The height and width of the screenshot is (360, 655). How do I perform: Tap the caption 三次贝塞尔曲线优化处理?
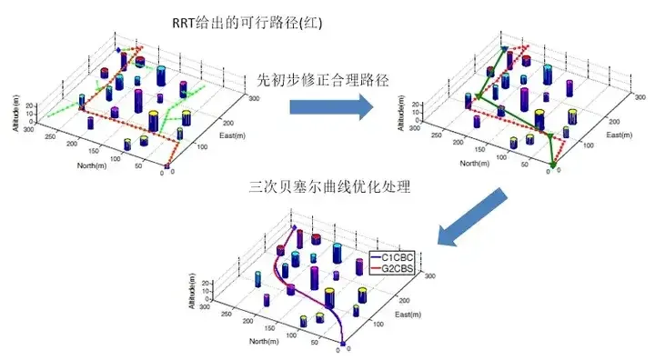pyautogui.click(x=330, y=188)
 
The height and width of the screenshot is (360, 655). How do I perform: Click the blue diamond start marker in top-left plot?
pyautogui.click(x=117, y=51)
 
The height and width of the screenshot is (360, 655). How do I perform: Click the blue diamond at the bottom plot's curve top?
pyautogui.click(x=293, y=227)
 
